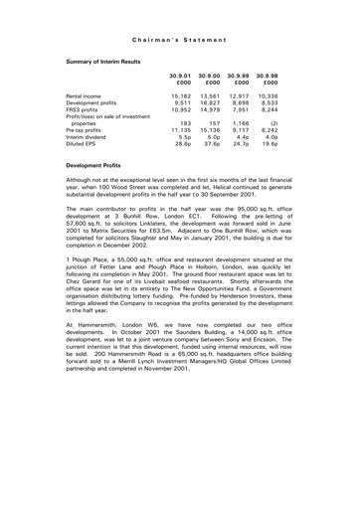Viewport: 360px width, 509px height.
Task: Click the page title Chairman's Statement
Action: pyautogui.click(x=180, y=40)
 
